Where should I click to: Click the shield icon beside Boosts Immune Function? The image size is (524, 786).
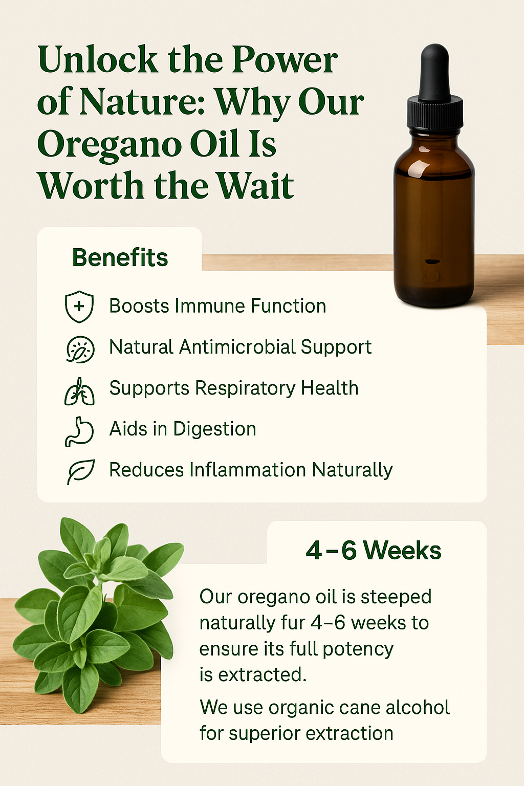pyautogui.click(x=79, y=307)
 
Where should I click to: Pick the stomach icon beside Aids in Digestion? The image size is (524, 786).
pyautogui.click(x=79, y=431)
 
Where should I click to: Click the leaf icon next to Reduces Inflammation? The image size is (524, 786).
pyautogui.click(x=81, y=471)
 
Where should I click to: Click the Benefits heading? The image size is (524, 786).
pyautogui.click(x=120, y=258)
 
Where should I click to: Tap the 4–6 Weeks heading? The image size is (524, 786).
pyautogui.click(x=373, y=551)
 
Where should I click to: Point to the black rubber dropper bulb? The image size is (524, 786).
pyautogui.click(x=434, y=72)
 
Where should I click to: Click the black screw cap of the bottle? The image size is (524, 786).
pyautogui.click(x=435, y=114)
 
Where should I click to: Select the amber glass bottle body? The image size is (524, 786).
pyautogui.click(x=434, y=220)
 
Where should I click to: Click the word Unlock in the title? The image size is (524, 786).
pyautogui.click(x=98, y=60)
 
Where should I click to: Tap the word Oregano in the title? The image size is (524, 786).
pyautogui.click(x=109, y=144)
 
